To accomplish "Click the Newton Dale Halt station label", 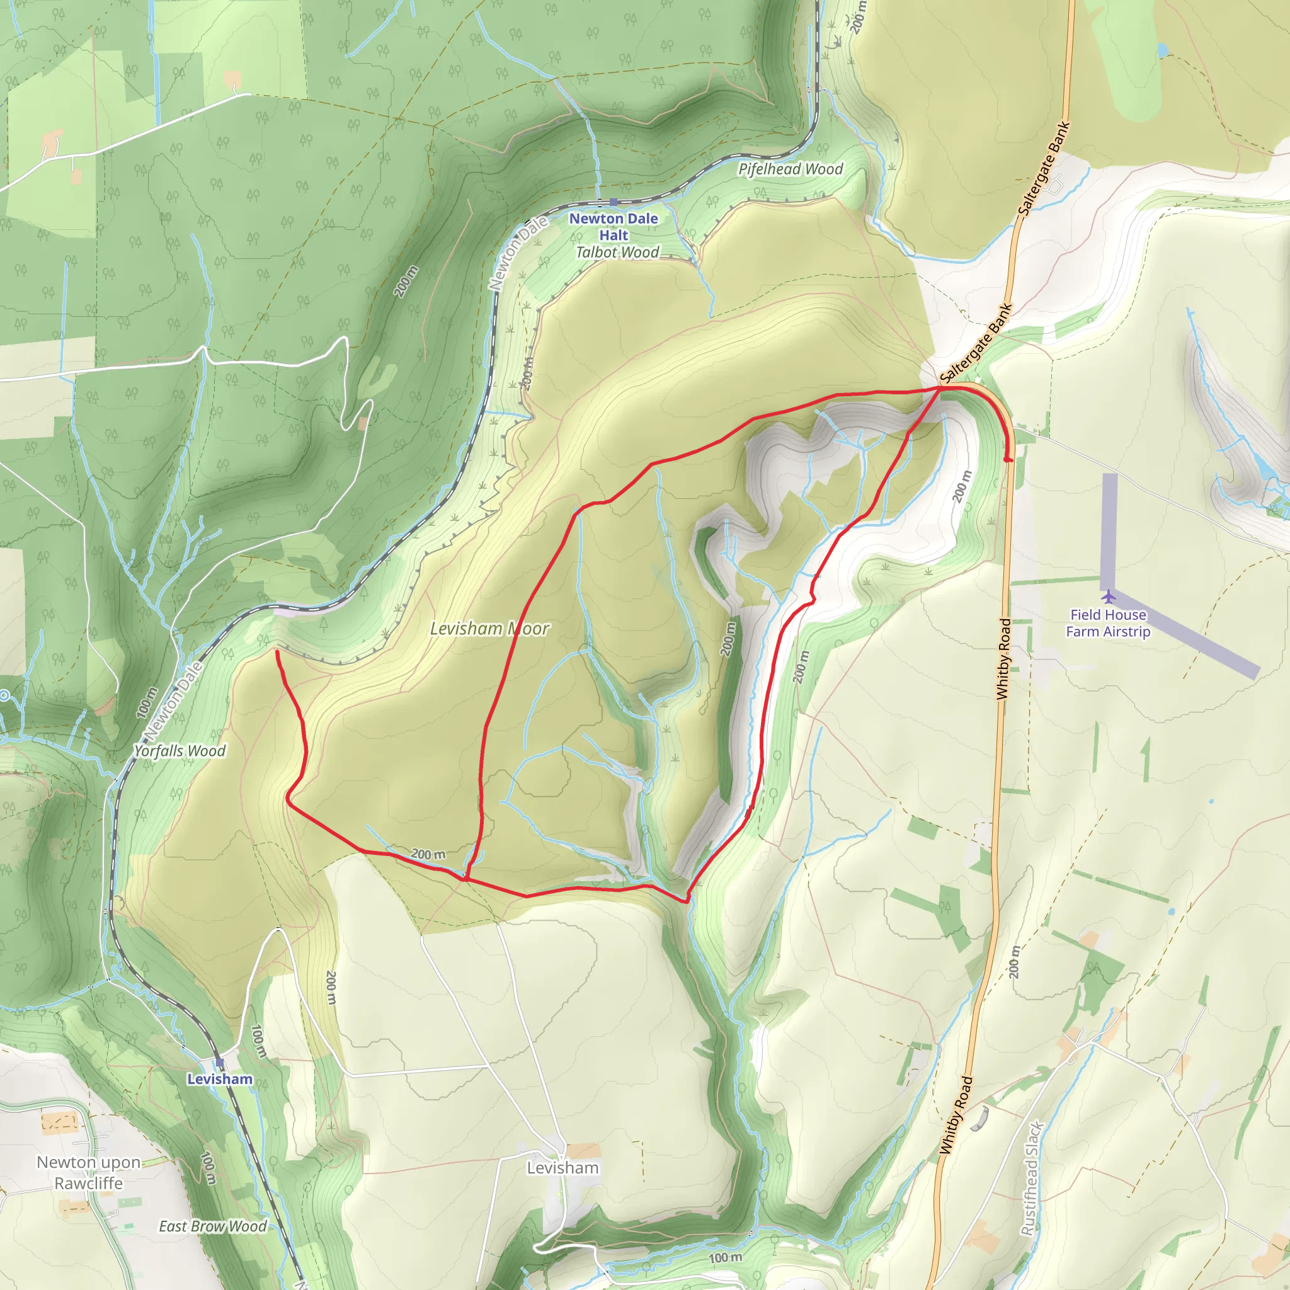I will (613, 226).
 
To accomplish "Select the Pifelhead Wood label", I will (790, 169).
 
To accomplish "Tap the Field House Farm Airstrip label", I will (1108, 623).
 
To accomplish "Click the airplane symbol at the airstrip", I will (1109, 596).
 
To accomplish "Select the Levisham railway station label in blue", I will (220, 1079).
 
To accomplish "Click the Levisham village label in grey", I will (563, 1168).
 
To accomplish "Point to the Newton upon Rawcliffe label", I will (89, 1172).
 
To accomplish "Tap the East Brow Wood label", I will (212, 1226).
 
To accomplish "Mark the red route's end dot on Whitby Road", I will (1008, 459).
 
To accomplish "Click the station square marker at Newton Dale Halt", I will (613, 202).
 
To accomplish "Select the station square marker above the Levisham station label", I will (220, 1063).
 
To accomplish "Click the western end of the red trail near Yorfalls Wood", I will (277, 652).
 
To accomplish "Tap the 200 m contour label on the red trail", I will (427, 854).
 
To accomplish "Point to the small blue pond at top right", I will (1163, 50).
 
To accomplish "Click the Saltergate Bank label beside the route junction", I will (976, 345).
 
